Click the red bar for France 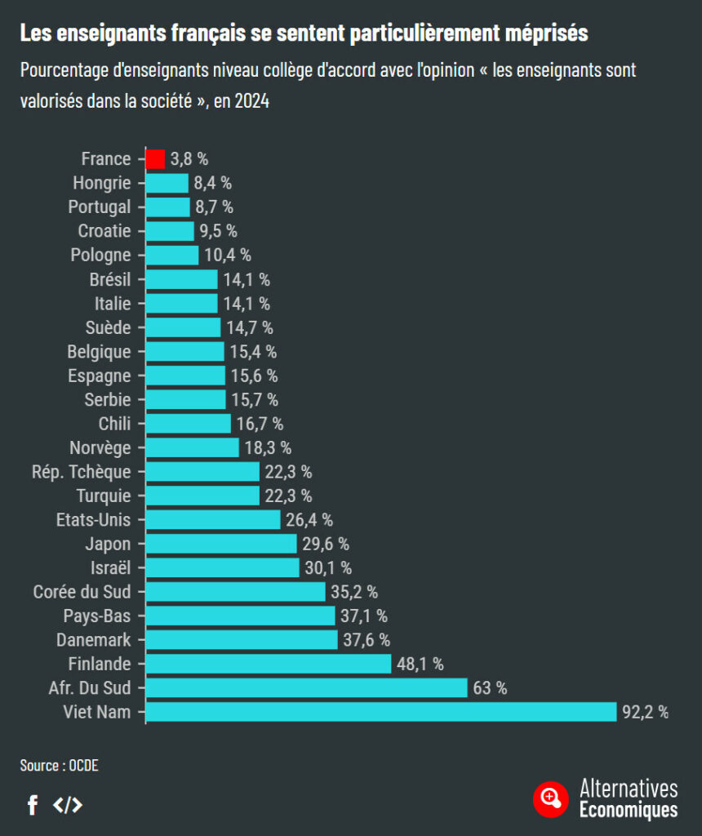[x=155, y=159]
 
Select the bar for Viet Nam [x=381, y=712]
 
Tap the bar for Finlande [x=269, y=664]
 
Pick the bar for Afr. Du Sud [x=306, y=688]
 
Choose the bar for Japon [x=221, y=544]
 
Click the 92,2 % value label [x=645, y=712]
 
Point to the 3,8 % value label [x=189, y=159]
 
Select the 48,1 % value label [x=420, y=664]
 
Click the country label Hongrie [x=101, y=183]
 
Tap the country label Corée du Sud [x=82, y=592]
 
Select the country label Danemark [x=93, y=640]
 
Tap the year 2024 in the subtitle [x=251, y=101]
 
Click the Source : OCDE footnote [x=59, y=765]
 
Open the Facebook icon [x=33, y=805]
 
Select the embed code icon [x=68, y=805]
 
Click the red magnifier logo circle [x=551, y=798]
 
